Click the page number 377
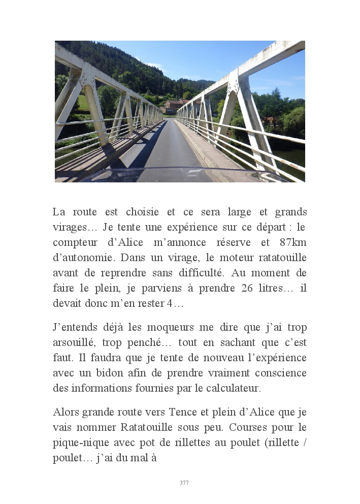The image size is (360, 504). point(184,483)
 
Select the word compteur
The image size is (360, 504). point(75,242)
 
